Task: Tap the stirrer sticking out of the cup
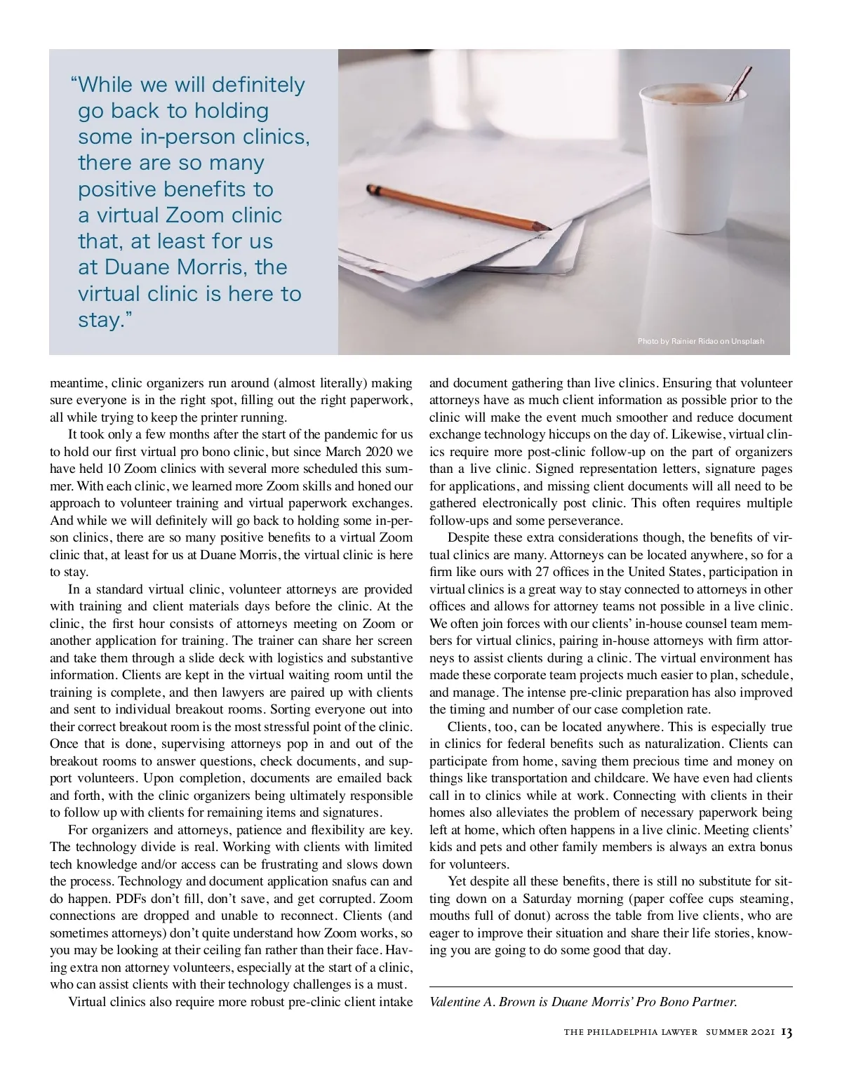(740, 81)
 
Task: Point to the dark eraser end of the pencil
(370, 188)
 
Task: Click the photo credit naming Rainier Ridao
(700, 342)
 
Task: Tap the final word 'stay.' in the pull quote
(102, 320)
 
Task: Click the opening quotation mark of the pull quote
(74, 83)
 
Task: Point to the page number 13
(787, 1032)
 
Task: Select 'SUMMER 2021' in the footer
(740, 1033)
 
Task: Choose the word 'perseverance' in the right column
(586, 521)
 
